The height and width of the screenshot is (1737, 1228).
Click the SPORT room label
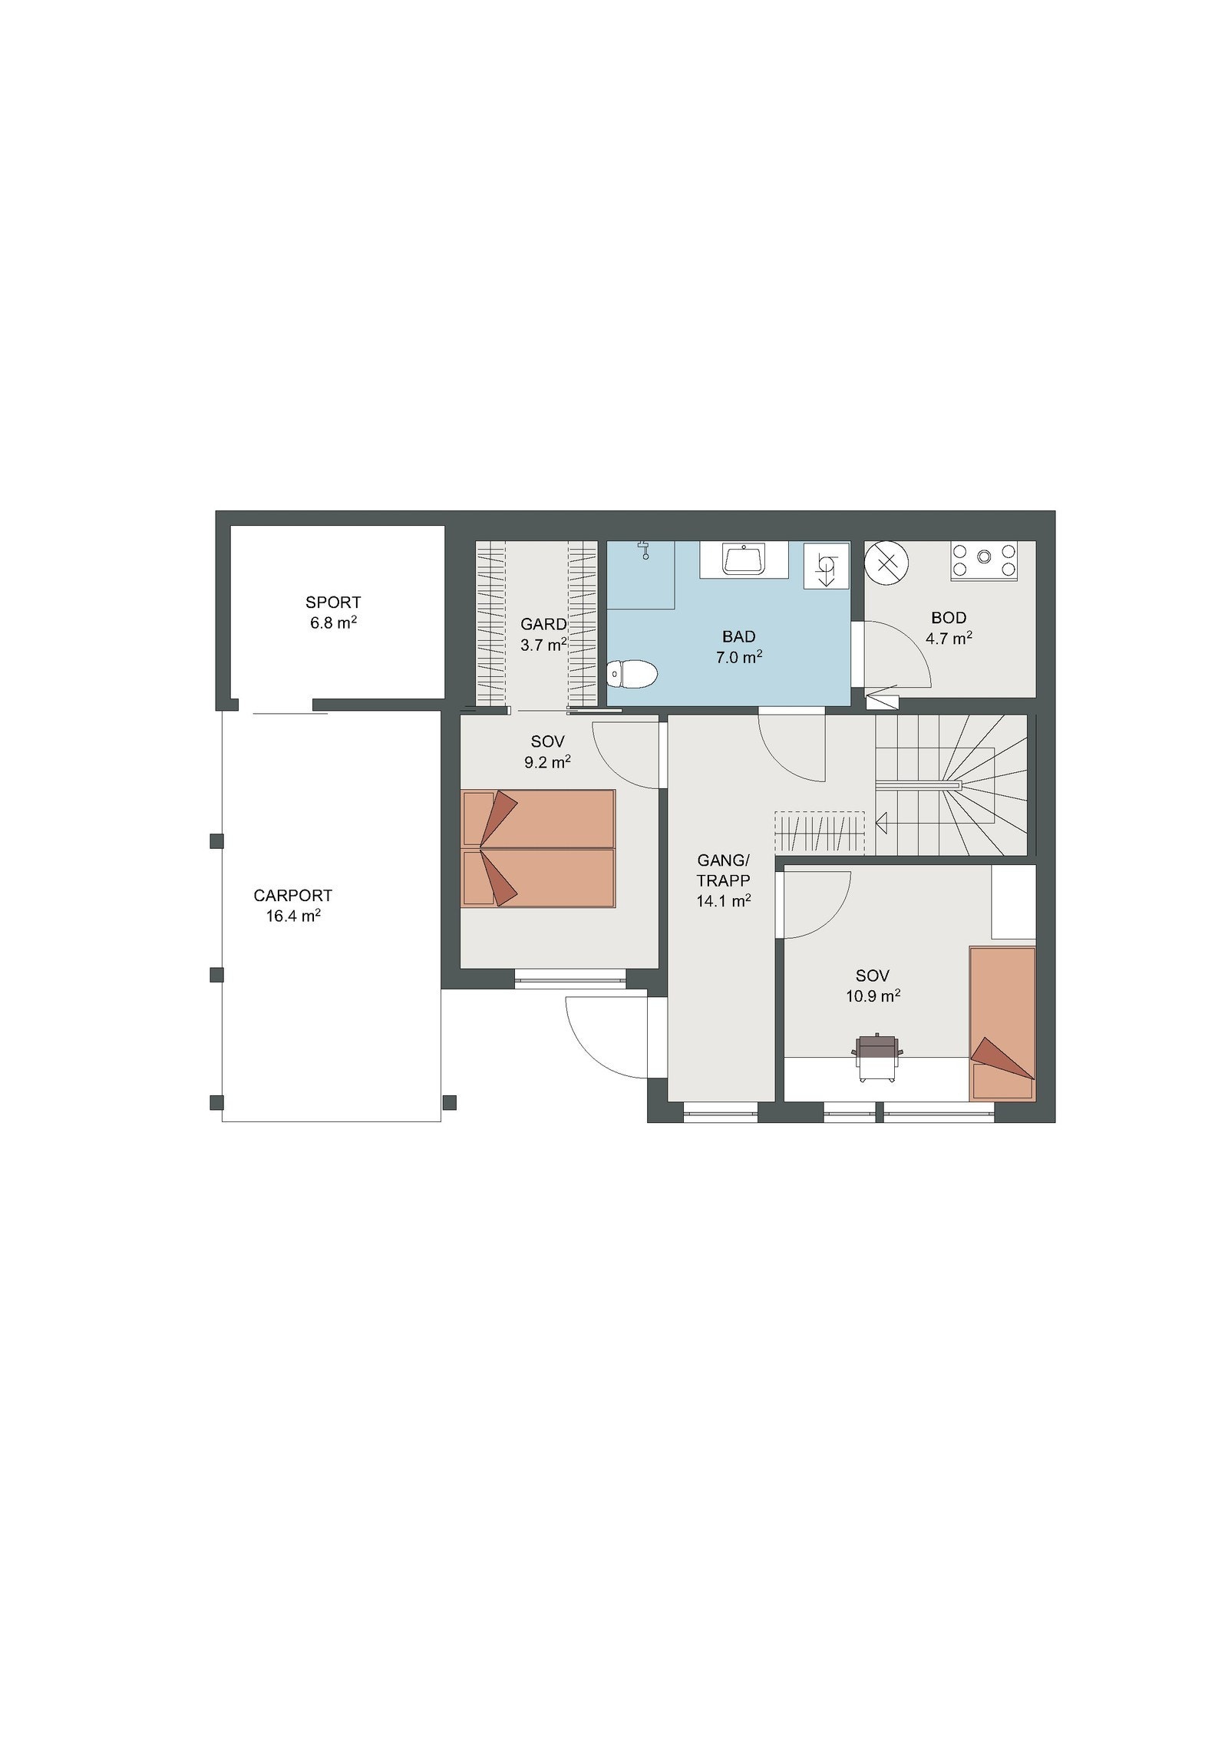[x=333, y=603]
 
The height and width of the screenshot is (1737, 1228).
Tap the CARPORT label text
[x=293, y=896]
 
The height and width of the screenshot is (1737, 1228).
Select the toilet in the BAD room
[x=632, y=675]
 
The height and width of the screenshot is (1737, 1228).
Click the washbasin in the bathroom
[x=744, y=559]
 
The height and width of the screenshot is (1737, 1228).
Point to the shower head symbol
[x=644, y=549]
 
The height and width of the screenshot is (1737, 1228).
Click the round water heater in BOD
[x=886, y=563]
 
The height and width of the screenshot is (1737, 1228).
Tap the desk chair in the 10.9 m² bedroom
[x=877, y=1058]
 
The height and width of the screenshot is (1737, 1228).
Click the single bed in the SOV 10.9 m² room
[x=1002, y=1024]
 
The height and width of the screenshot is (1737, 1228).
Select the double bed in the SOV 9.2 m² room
[x=538, y=848]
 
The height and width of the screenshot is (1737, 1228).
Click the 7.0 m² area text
[x=738, y=657]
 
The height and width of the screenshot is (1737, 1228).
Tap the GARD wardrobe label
[x=543, y=624]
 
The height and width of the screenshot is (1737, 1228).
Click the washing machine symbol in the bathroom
[x=827, y=566]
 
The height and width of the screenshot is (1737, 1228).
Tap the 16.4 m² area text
[x=293, y=916]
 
